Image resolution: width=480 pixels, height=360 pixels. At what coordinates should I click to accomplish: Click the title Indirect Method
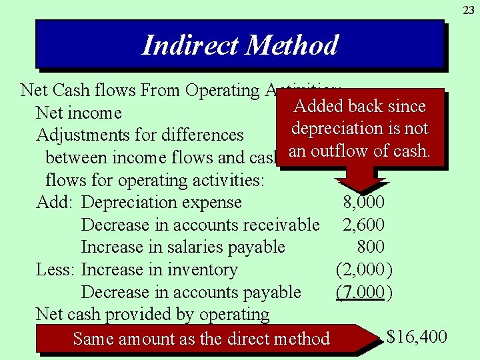(x=240, y=45)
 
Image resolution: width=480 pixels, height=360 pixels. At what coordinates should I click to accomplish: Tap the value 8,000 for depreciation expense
(x=363, y=203)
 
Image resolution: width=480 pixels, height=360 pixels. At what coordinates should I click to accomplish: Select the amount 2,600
(x=363, y=225)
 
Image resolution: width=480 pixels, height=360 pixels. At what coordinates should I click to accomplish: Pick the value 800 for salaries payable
(x=371, y=247)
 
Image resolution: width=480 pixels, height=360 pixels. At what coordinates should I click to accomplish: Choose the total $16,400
(x=417, y=337)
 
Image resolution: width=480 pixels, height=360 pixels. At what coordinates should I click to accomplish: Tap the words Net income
(x=79, y=113)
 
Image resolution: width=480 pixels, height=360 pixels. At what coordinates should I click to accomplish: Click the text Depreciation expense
(x=161, y=203)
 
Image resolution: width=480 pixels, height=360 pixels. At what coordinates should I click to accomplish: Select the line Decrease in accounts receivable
(x=200, y=225)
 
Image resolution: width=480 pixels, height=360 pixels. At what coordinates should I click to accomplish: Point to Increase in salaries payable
(x=183, y=247)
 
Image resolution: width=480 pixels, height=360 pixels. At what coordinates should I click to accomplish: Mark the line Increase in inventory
(x=159, y=270)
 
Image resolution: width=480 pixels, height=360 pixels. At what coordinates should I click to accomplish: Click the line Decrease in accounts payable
(x=191, y=293)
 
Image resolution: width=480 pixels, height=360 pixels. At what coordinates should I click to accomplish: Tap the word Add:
(x=56, y=203)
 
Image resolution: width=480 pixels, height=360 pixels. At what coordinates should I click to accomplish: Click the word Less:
(x=56, y=270)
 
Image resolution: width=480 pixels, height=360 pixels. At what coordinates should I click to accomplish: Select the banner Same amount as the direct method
(x=201, y=339)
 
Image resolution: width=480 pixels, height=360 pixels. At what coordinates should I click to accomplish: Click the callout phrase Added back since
(x=359, y=106)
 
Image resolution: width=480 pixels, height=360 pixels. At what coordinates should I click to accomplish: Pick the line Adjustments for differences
(x=140, y=135)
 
